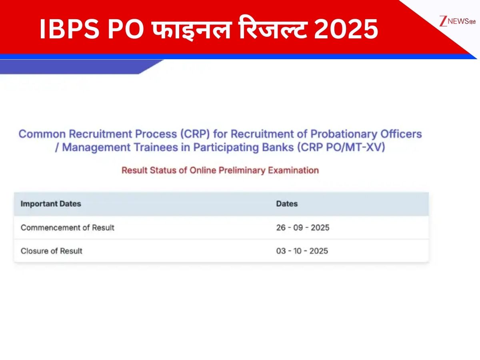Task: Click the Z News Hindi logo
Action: (458, 21)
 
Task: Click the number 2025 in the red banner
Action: (346, 29)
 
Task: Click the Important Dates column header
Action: (51, 204)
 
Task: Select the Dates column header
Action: (287, 204)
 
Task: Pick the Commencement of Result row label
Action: (67, 228)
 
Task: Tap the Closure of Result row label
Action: (51, 251)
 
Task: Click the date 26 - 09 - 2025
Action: (303, 228)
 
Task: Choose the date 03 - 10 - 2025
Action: (302, 251)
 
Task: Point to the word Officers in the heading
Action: (401, 134)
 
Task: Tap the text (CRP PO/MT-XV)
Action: (341, 147)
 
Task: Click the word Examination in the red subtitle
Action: (293, 170)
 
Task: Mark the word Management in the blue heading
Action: (96, 148)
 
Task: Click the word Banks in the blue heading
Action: (278, 147)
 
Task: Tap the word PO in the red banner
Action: (126, 29)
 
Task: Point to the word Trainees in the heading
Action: (156, 147)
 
